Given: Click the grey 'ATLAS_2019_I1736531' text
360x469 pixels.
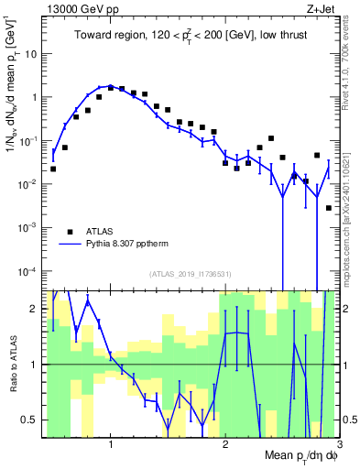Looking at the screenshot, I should [x=191, y=274].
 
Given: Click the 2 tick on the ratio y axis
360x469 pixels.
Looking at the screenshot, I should [x=36, y=309].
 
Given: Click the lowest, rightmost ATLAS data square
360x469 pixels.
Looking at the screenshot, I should [x=329, y=208].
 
